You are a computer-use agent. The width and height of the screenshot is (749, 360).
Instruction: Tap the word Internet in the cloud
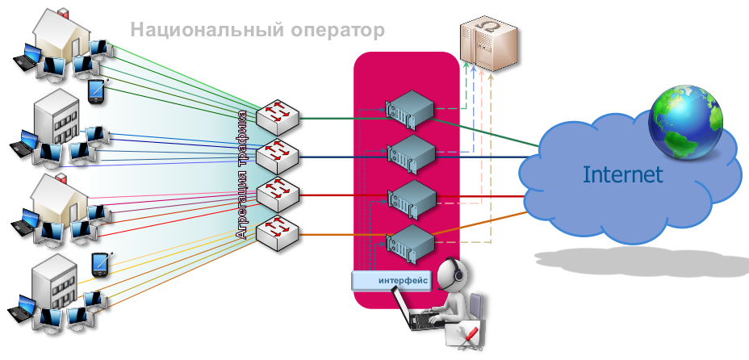[x=622, y=174]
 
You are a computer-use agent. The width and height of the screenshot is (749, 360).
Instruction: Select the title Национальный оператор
[x=257, y=31]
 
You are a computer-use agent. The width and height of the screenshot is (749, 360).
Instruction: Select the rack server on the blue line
[x=411, y=153]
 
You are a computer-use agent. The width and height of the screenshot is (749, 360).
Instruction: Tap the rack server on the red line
[x=411, y=196]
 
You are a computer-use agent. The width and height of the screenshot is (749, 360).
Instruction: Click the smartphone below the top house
[x=97, y=90]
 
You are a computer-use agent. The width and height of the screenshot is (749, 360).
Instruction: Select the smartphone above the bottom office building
[x=100, y=264]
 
